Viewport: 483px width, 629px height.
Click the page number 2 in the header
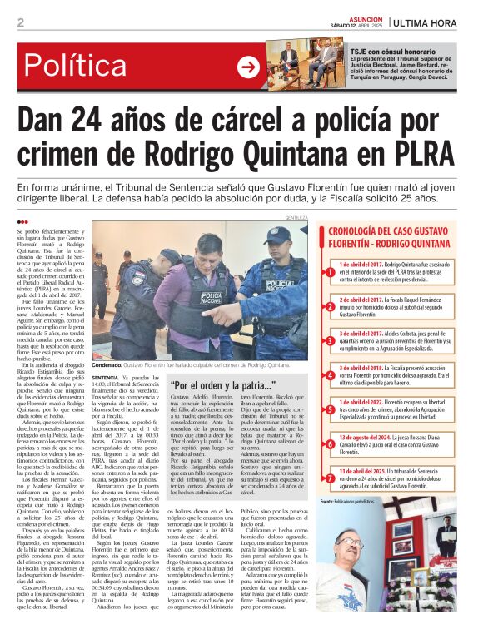coord(20,22)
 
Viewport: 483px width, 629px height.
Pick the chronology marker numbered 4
coord(330,370)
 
